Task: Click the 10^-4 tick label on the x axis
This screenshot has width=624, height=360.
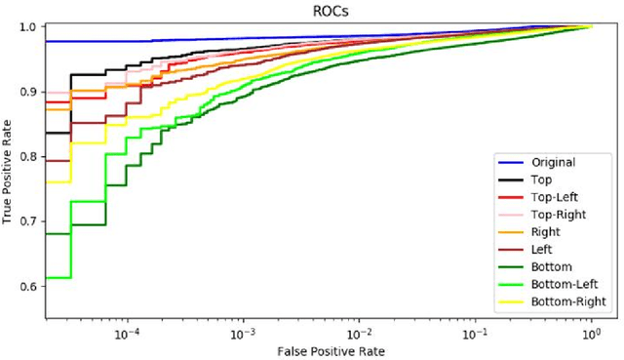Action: [x=127, y=332]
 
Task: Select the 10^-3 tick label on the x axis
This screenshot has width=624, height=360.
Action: [x=243, y=332]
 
